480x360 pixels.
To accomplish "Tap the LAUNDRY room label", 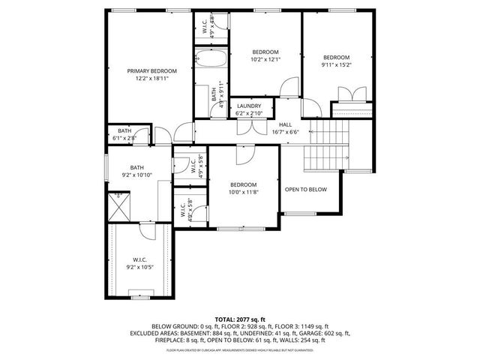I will [249, 106].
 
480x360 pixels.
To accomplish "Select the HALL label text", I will [286, 124].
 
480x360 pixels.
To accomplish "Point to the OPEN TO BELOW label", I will [306, 190].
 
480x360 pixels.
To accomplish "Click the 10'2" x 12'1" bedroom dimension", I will [265, 59].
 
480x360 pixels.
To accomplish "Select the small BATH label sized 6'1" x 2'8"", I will [124, 133].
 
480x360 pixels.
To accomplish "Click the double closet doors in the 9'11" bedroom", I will [349, 95].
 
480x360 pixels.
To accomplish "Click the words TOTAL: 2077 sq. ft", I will [240, 319].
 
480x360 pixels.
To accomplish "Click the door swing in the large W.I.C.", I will [148, 233].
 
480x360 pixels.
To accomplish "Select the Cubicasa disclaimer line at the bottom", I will [240, 349].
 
